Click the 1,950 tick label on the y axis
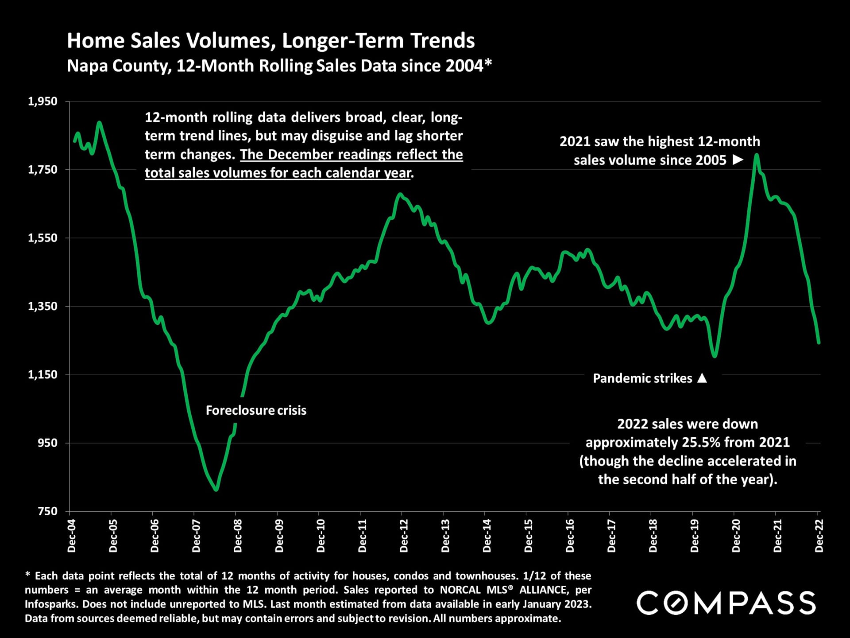pyautogui.click(x=43, y=101)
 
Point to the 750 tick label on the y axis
pyautogui.click(x=48, y=511)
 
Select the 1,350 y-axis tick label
pyautogui.click(x=43, y=306)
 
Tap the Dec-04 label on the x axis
pyautogui.click(x=72, y=536)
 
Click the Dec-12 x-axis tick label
pyautogui.click(x=404, y=536)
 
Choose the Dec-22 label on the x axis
pyautogui.click(x=819, y=536)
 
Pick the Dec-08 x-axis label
pyautogui.click(x=238, y=536)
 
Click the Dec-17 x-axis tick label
pyautogui.click(x=612, y=536)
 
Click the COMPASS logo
pyautogui.click(x=726, y=603)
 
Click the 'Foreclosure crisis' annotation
pyautogui.click(x=256, y=410)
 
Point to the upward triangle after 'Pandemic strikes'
pyautogui.click(x=702, y=378)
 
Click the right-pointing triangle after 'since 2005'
pyautogui.click(x=738, y=159)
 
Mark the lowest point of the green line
pyautogui.click(x=216, y=489)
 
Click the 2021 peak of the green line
pyautogui.click(x=757, y=155)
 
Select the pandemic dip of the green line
pyautogui.click(x=715, y=356)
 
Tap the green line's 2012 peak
pyautogui.click(x=400, y=194)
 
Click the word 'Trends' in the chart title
pyautogui.click(x=442, y=41)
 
